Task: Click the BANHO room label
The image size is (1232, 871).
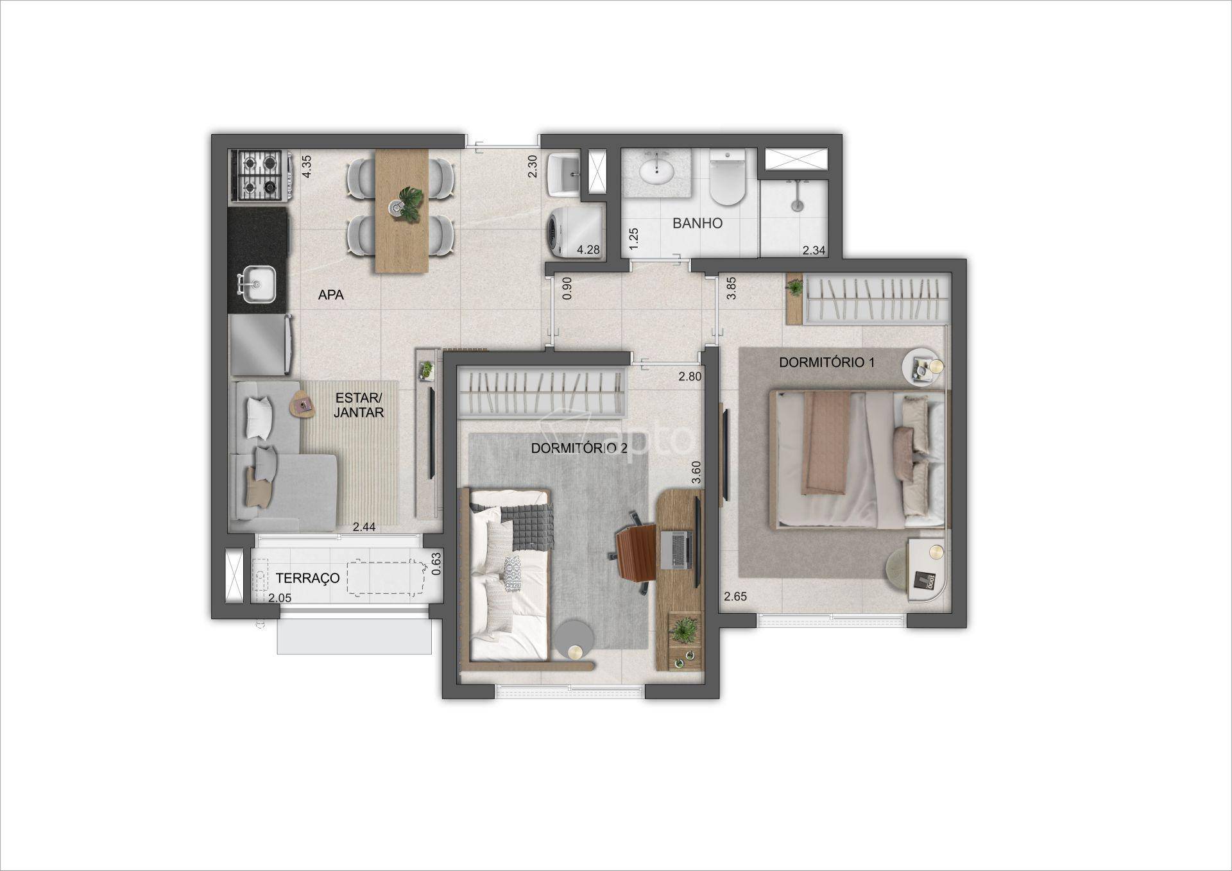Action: coord(697,223)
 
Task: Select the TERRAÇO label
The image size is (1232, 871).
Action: coord(307,578)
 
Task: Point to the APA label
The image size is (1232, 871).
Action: coord(331,295)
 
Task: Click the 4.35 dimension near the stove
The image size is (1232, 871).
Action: coord(307,167)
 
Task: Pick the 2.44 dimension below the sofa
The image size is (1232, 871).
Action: coord(364,527)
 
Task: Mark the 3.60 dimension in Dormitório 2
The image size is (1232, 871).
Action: coord(696,473)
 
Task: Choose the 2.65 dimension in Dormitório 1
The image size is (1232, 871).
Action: coord(735,596)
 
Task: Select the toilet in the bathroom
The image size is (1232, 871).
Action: coord(727,177)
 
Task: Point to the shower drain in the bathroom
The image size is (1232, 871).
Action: coord(796,206)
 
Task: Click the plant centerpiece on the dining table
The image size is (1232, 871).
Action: coord(406,204)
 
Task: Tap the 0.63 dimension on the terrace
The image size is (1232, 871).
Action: coord(436,563)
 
